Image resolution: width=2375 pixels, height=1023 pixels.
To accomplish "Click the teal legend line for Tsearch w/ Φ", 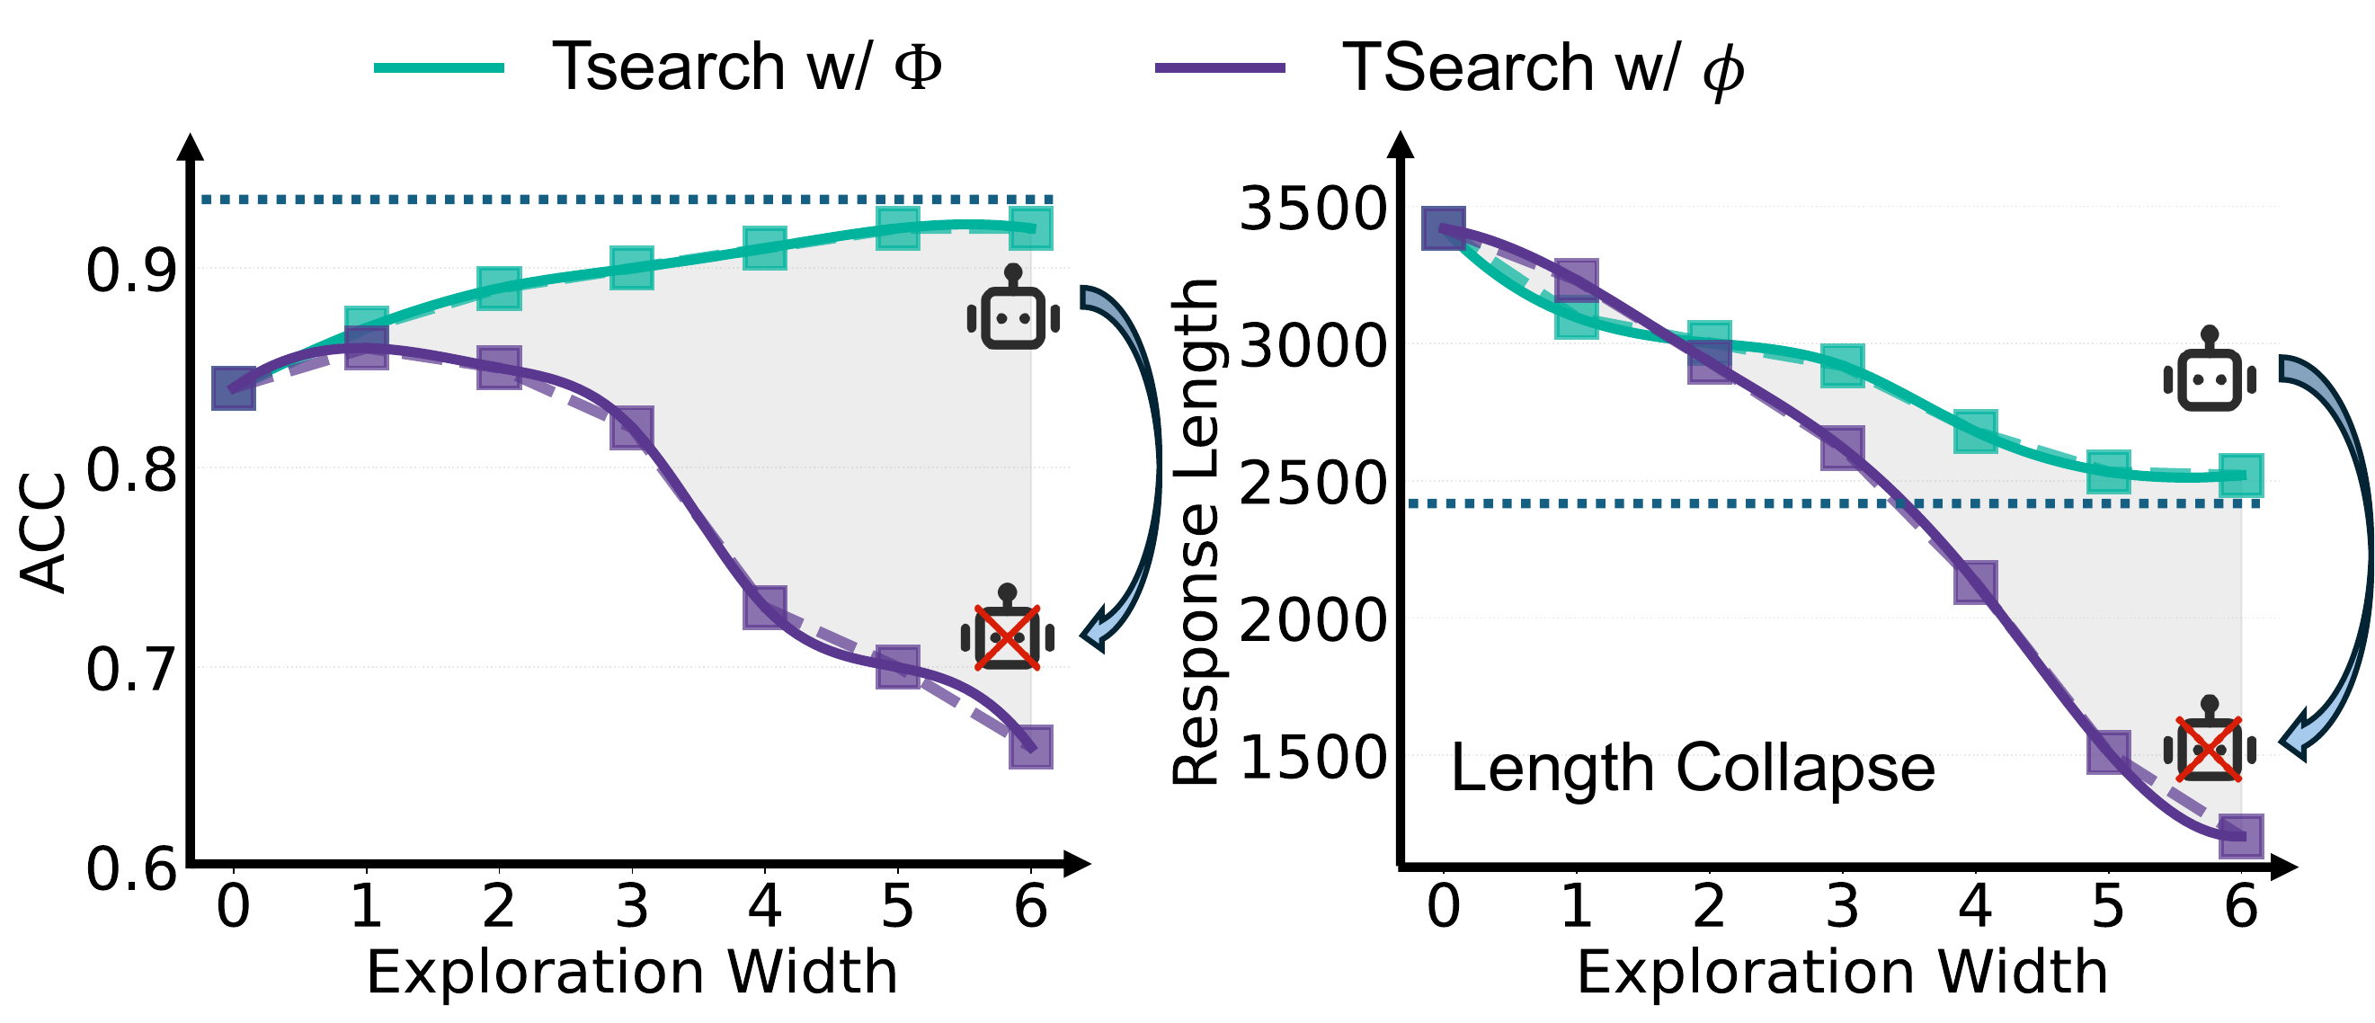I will coord(439,67).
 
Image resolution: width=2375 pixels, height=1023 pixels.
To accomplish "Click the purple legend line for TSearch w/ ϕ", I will coord(1220,67).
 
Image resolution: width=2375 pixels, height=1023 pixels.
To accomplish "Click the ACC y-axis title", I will coord(43,533).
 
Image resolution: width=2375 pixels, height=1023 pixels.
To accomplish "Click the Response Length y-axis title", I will coord(1196,533).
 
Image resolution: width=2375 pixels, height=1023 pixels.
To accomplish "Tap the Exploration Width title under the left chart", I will coord(632,973).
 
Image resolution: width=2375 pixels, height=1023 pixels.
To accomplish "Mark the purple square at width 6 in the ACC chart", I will coord(1031,746).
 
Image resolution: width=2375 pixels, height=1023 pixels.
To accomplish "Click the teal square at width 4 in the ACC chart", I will coord(765,248).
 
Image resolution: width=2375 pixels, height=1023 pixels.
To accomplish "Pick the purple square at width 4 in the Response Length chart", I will coord(1975,583).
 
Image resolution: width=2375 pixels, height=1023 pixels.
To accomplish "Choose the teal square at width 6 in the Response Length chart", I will coord(2240,476).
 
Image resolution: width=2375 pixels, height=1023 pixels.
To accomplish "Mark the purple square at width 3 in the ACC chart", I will coord(632,428).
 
